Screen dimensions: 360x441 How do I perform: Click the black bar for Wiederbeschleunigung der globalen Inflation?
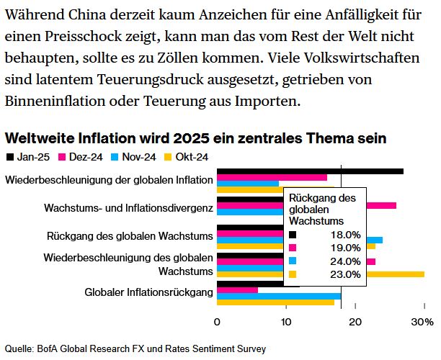coord(310,171)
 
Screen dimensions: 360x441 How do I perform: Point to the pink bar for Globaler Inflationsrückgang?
coord(237,289)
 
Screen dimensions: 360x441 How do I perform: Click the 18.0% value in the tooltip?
coord(344,235)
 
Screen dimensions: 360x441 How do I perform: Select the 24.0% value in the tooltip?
coord(344,261)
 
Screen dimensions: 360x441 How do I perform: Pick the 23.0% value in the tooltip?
coord(344,274)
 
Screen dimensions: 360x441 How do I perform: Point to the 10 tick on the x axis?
coord(286,323)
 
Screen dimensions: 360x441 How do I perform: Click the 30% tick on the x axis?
coord(422,323)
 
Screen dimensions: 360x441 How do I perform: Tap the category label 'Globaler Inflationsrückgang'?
coord(148,292)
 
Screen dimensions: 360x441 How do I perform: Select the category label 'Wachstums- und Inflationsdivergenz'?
coord(128,208)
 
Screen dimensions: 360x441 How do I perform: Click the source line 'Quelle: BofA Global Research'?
coord(135,348)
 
